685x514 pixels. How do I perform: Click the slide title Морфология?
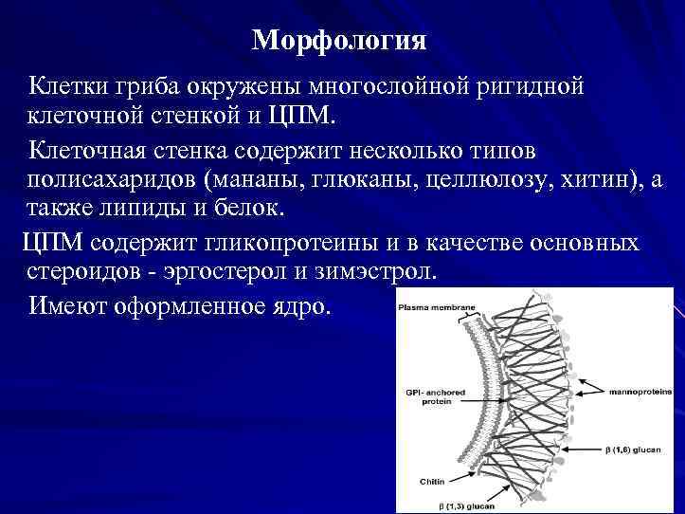340,42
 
